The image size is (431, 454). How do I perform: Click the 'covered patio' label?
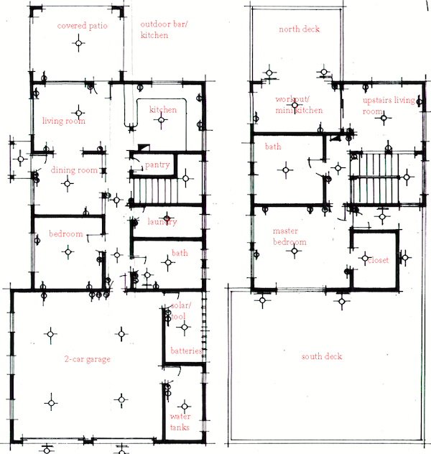point(82,26)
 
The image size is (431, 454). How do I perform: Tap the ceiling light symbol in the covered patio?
point(78,43)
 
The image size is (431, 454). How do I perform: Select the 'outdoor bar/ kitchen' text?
point(164,29)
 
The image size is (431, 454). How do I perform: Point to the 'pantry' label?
point(157,165)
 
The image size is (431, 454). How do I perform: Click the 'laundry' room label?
point(162,222)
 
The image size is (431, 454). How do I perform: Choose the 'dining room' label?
point(74,170)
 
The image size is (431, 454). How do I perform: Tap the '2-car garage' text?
point(87,359)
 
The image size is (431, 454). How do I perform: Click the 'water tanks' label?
point(180,422)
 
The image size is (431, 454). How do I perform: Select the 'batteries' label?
point(186,351)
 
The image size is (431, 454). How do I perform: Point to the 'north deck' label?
point(300,29)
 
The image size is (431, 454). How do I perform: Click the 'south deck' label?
point(322,356)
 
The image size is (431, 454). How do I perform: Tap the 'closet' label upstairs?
point(378,260)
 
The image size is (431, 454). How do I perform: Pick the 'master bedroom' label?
point(289,236)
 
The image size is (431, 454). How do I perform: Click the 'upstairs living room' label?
point(389,106)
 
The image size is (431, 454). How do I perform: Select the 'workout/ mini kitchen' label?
point(299,105)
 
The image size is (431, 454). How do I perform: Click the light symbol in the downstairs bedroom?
point(68,252)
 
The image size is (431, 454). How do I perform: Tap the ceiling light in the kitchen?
point(162,120)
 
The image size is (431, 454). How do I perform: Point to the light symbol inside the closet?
point(365,258)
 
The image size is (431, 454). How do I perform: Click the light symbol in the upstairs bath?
point(286,170)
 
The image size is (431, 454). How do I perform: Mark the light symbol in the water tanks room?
point(185,407)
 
